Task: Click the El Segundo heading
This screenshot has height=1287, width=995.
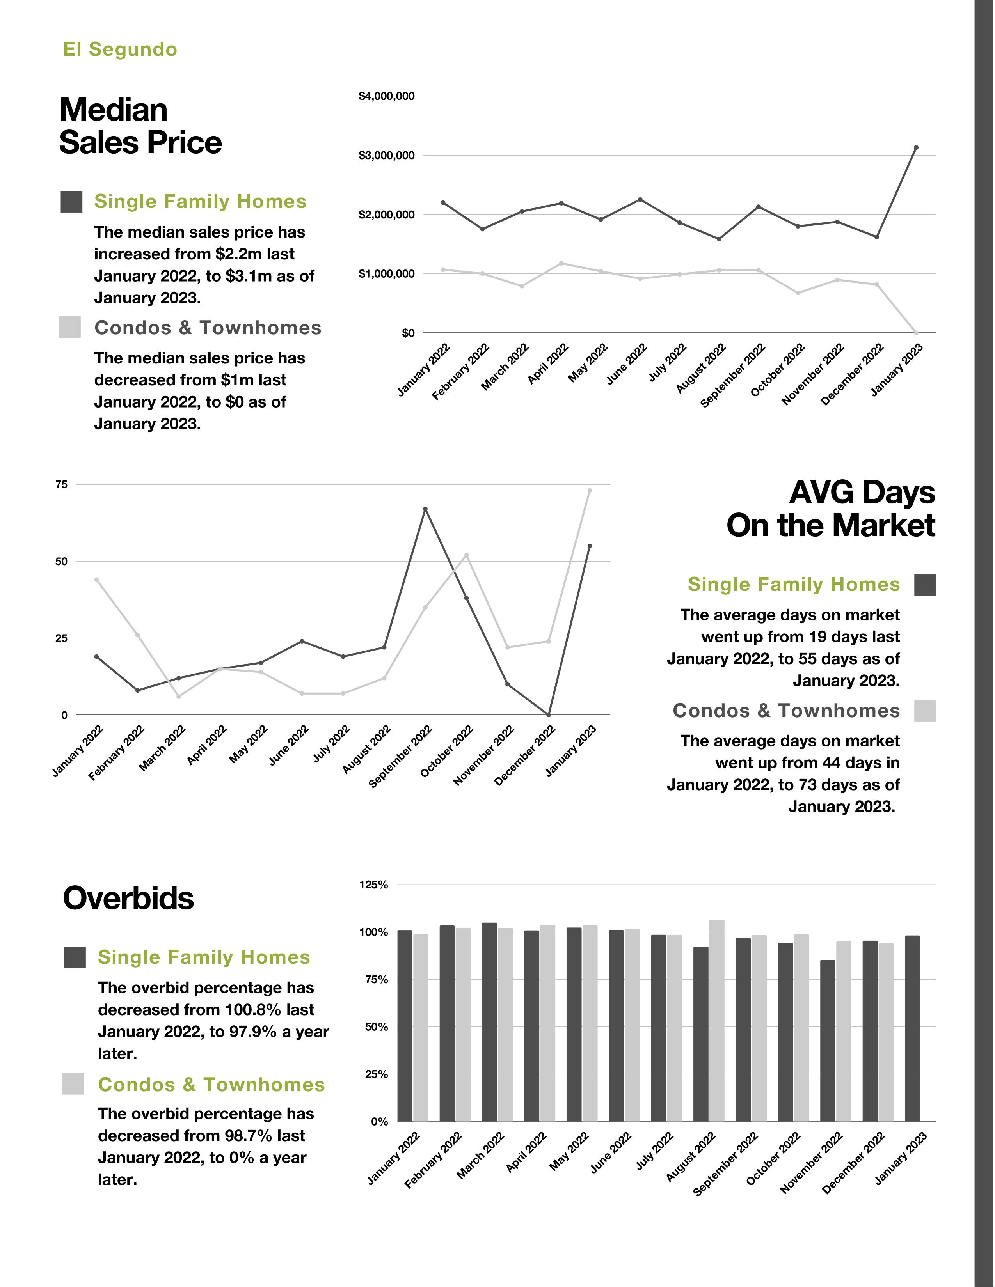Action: (120, 50)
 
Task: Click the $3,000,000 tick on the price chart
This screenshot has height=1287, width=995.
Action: (386, 156)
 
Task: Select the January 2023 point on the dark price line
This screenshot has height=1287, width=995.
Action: (915, 148)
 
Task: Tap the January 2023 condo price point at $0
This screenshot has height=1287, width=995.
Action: (915, 333)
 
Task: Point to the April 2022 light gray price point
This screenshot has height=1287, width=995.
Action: (561, 263)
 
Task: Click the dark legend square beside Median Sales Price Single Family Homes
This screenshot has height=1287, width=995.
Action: (71, 202)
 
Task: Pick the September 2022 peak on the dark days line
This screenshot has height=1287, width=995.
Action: (425, 509)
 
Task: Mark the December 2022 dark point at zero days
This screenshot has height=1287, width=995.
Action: (548, 715)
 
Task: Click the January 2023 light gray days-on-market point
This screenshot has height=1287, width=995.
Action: (590, 490)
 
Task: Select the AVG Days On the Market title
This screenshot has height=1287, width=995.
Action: (831, 509)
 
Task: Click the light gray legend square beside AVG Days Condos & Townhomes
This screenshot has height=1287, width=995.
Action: (925, 711)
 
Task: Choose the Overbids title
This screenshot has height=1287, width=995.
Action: (128, 899)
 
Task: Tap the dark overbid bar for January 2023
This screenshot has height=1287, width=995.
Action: (912, 1028)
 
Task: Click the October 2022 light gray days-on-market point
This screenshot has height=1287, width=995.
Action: (466, 555)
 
